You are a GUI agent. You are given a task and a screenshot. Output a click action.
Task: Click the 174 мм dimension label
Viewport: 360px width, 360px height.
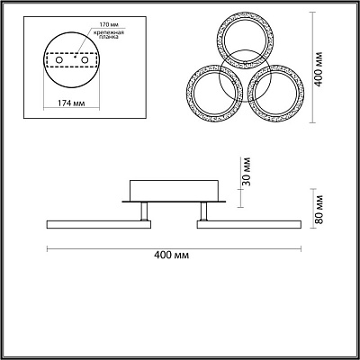pos(71,103)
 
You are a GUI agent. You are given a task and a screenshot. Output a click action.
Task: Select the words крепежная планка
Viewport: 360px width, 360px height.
pos(109,34)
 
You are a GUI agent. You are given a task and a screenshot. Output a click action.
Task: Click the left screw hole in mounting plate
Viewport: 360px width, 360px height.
pos(59,60)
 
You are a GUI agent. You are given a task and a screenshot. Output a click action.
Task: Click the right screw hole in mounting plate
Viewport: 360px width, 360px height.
pos(85,60)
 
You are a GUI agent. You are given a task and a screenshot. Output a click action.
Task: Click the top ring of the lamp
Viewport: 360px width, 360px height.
pos(245,13)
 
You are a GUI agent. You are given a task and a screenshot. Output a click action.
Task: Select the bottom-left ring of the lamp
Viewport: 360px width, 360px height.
pos(186,93)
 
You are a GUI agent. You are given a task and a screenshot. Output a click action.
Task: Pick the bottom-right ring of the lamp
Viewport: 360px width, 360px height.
pos(303,93)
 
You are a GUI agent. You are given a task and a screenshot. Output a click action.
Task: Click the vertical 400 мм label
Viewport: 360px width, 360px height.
pos(319,69)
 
